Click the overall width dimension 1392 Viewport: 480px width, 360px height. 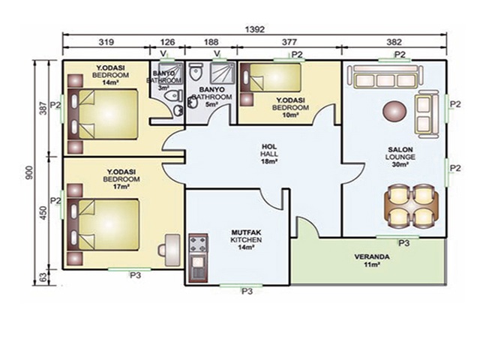click(255, 29)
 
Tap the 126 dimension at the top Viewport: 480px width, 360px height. click(167, 42)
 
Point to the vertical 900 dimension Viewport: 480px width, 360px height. click(29, 173)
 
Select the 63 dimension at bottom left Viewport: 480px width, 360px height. click(43, 277)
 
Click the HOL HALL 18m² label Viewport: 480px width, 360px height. click(269, 154)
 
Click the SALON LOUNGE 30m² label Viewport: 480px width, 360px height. click(400, 157)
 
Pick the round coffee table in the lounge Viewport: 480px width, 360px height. click(395, 112)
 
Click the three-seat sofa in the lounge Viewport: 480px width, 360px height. click(385, 76)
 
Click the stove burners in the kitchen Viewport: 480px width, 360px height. click(198, 244)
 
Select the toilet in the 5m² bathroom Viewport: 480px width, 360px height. click(196, 71)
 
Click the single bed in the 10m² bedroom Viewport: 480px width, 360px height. click(271, 77)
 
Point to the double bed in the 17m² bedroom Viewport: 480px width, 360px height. click(103, 225)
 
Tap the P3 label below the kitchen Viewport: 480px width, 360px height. click(247, 291)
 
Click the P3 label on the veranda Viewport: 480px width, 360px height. click(403, 243)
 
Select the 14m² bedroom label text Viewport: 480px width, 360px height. click(110, 74)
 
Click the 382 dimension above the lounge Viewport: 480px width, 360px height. click(394, 42)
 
